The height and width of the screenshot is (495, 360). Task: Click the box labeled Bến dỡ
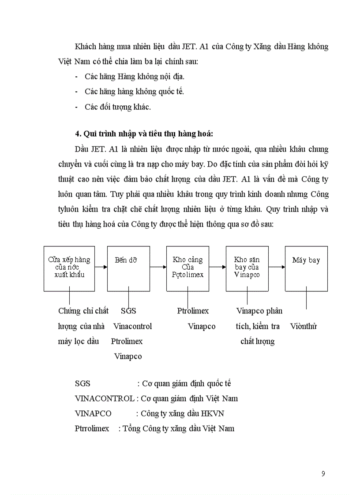pos(128,268)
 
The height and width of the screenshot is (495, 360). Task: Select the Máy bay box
pos(306,268)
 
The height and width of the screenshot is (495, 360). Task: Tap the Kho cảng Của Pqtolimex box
pos(187,268)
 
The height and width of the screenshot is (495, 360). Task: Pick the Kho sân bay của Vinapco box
pos(247,268)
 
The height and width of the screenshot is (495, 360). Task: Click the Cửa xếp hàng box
pos(69,268)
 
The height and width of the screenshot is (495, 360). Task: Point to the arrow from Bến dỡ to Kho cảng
pos(158,267)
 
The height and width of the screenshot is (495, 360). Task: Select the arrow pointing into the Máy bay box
pos(277,267)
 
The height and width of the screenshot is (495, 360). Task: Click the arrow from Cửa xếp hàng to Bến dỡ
pos(101,267)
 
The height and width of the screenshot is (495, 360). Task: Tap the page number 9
pos(323,474)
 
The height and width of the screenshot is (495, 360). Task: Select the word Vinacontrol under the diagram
pos(132,326)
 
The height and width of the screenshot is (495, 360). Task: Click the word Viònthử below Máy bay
pos(304,326)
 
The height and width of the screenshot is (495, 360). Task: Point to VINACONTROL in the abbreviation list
pos(105,398)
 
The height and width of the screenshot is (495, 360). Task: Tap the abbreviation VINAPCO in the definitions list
pos(93,413)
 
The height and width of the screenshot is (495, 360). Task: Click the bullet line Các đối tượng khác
pos(118,107)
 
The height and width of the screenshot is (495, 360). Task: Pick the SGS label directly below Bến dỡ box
pos(128,311)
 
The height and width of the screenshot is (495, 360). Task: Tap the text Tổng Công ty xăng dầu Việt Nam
pos(179,428)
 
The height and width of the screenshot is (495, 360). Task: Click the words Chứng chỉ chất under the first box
pos(83,311)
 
